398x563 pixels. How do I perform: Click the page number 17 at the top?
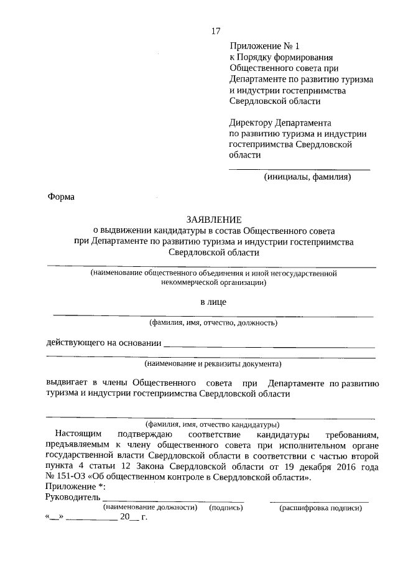pyautogui.click(x=216, y=31)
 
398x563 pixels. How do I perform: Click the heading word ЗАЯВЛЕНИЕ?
pyautogui.click(x=213, y=219)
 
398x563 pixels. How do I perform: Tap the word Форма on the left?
pyautogui.click(x=60, y=197)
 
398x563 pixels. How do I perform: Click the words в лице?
pyautogui.click(x=213, y=302)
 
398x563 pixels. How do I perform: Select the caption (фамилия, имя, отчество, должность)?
pyautogui.click(x=213, y=322)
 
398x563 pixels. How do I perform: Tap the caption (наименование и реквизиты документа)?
pyautogui.click(x=213, y=363)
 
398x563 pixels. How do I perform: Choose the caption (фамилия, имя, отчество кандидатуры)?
pyautogui.click(x=213, y=423)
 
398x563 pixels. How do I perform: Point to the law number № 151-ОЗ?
pyautogui.click(x=67, y=478)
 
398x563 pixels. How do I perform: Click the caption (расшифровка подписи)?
pyautogui.click(x=320, y=508)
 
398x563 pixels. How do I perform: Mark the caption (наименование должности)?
pyautogui.click(x=150, y=508)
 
